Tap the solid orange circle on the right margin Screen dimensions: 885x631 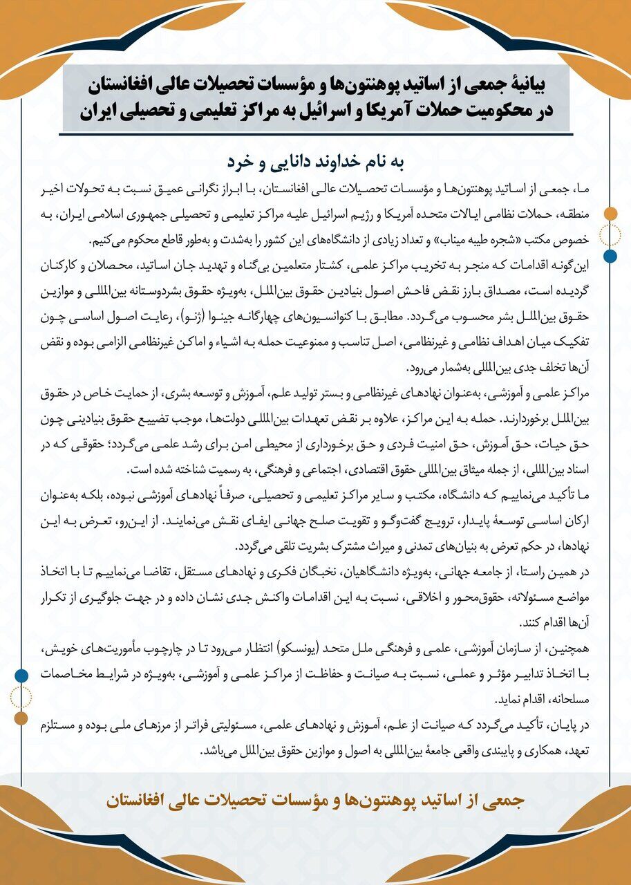pos(610,213)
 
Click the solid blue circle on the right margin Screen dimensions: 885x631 pos(610,257)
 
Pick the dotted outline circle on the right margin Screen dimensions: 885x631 pos(610,235)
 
